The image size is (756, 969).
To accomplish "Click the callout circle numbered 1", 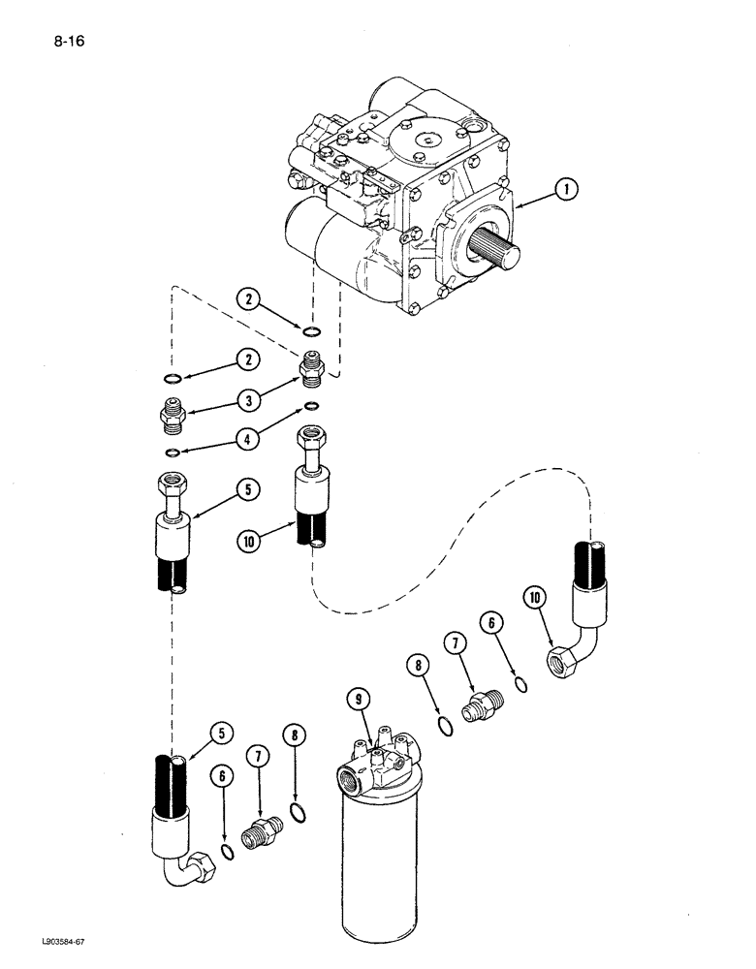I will click(564, 193).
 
